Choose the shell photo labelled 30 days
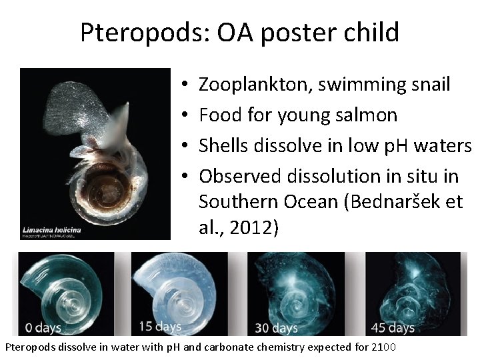tap(303, 290)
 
